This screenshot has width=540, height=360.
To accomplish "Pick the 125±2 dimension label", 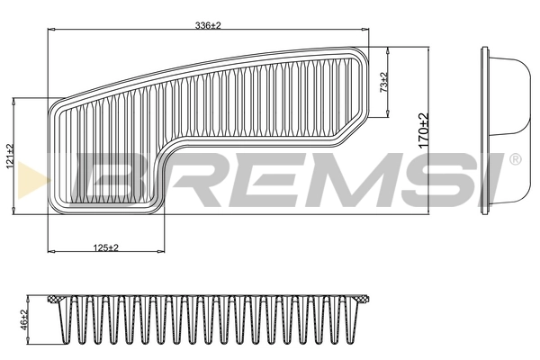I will [106, 247].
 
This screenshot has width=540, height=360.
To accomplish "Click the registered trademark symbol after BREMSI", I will [514, 160].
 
